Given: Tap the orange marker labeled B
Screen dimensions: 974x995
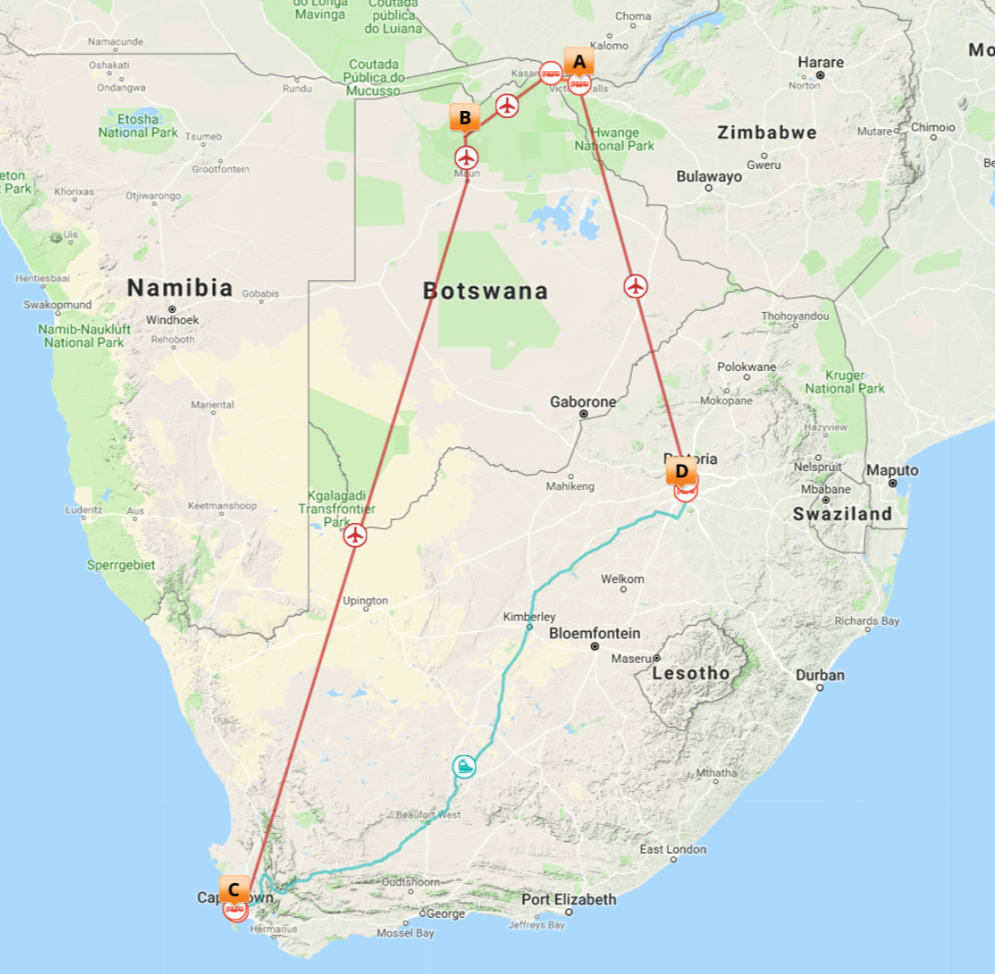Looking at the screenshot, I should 465,117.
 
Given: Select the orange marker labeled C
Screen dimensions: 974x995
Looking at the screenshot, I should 234,889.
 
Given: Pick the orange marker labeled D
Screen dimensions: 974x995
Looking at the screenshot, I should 681,471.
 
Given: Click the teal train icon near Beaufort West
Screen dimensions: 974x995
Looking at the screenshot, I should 465,766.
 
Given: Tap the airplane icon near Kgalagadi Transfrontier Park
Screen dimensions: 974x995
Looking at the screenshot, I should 356,536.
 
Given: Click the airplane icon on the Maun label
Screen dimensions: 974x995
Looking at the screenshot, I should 467,157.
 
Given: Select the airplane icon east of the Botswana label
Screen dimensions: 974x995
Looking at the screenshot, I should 636,286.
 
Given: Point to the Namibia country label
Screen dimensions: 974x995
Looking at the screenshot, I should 179,288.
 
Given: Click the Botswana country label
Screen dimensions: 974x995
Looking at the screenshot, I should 486,291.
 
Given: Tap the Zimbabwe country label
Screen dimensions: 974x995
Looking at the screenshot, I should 767,133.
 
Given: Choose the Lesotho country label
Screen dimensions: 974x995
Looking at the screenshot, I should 690,673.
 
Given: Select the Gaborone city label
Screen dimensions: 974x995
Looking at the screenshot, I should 583,401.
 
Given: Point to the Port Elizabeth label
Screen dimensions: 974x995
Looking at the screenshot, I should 568,899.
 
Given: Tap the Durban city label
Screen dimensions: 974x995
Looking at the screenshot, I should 819,676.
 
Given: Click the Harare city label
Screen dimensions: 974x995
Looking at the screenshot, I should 820,63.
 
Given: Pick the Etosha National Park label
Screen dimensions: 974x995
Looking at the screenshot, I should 138,126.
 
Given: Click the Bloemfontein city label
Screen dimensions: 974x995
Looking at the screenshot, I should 595,633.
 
